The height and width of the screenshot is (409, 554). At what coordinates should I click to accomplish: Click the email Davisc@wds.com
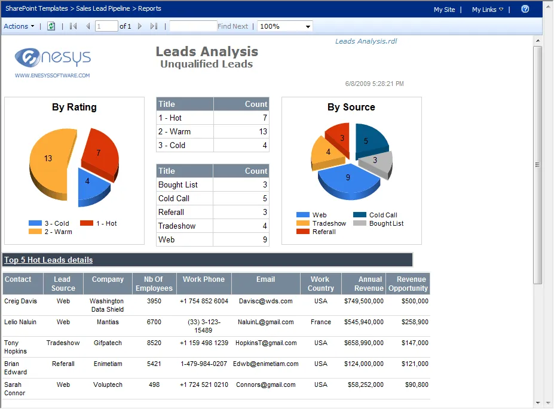click(x=265, y=301)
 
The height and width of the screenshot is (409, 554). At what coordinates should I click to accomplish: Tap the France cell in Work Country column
click(x=320, y=322)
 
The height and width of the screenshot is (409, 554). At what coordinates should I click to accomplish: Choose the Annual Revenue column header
click(x=363, y=284)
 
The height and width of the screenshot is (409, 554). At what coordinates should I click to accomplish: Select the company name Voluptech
click(x=108, y=385)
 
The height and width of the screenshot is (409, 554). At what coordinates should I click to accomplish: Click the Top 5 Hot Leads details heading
click(x=48, y=260)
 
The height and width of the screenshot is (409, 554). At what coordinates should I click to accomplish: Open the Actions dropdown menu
click(x=19, y=26)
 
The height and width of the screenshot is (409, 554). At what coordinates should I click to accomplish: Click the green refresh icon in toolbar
click(x=51, y=26)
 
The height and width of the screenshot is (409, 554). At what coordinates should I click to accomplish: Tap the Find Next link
click(x=232, y=26)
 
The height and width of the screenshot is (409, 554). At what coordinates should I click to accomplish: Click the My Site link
click(x=444, y=10)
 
